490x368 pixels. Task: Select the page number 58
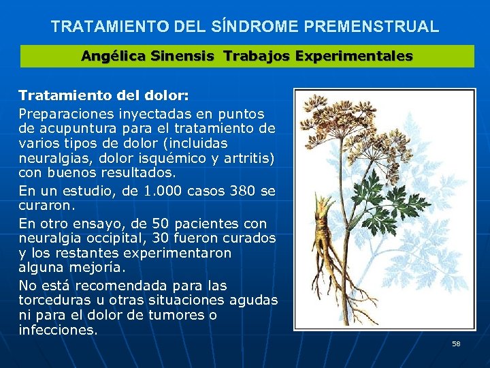tap(456, 343)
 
